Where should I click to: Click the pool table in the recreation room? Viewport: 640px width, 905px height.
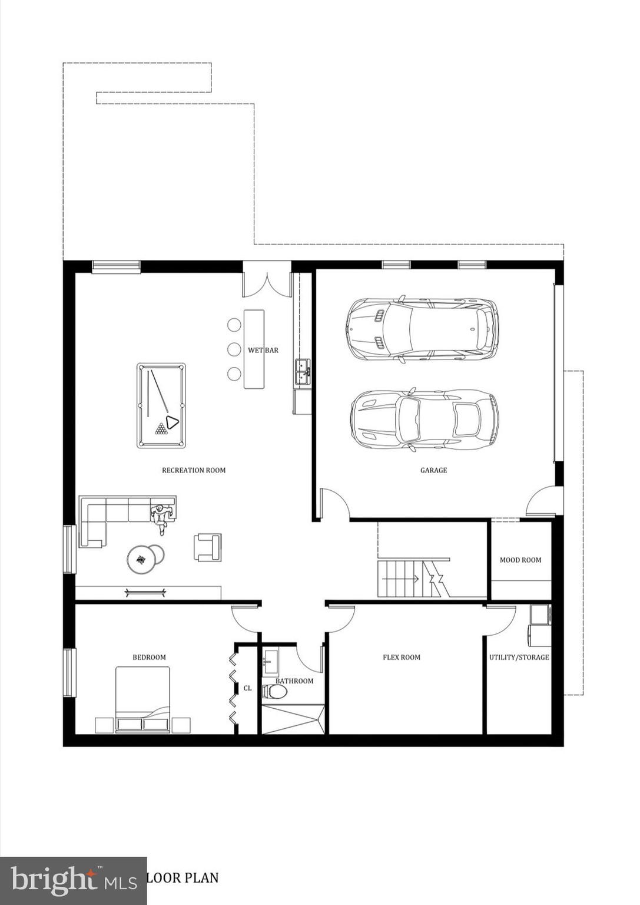(161, 405)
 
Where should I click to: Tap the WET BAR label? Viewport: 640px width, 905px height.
(263, 351)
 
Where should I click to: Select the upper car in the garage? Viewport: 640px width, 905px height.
(422, 329)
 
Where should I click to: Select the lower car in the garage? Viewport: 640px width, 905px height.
(424, 420)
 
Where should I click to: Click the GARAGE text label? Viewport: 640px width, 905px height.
(433, 470)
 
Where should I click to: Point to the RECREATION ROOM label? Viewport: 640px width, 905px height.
(194, 470)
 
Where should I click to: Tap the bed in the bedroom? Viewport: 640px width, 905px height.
(142, 699)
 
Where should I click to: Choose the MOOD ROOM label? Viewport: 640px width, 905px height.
(520, 560)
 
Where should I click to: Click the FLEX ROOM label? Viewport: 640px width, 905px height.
(402, 658)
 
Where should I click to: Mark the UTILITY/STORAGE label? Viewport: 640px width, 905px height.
(519, 658)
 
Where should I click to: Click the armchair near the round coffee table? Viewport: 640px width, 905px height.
(207, 547)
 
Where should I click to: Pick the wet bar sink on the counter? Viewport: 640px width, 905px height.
(303, 372)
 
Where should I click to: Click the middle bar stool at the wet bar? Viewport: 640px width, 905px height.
(234, 349)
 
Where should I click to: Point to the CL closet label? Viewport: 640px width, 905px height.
(247, 688)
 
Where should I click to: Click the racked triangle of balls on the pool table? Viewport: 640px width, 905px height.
(161, 428)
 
